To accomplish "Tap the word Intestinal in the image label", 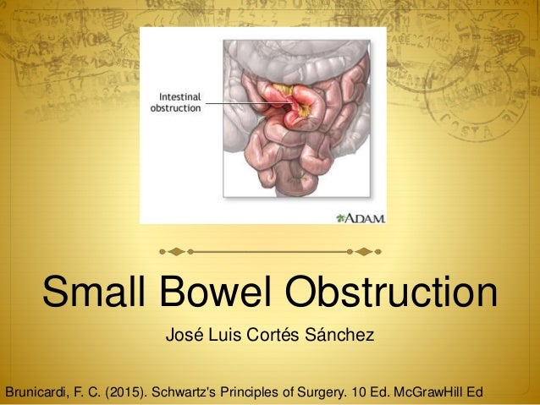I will point(175,96).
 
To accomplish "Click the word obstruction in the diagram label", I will point(175,108).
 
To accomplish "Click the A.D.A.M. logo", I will point(361,217).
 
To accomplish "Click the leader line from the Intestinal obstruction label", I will point(245,103).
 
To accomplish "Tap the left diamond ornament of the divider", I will point(175,251).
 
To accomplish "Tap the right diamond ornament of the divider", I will point(363,251).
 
